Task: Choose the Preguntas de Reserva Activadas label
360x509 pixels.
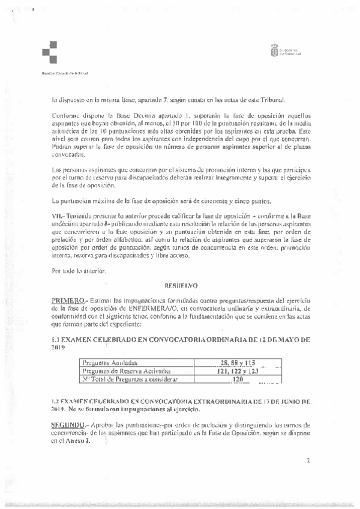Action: pos(122,371)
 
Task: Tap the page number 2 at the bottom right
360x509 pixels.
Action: pos(308,462)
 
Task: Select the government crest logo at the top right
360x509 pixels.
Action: pos(276,50)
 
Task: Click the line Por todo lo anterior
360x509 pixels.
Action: pos(79,271)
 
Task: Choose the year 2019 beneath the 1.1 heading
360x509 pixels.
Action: pos(58,348)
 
